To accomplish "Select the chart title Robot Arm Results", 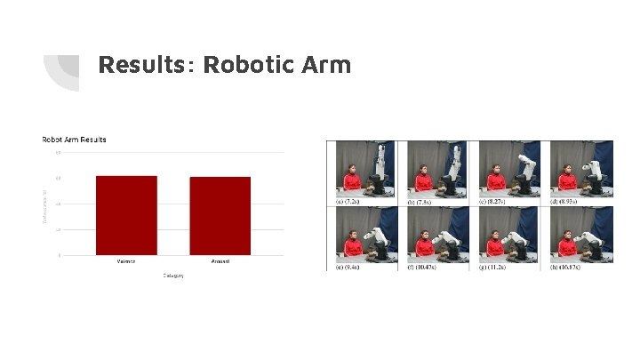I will (75, 140).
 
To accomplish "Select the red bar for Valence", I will (126, 215).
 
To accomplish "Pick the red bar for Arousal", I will (220, 216).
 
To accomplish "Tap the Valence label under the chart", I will (126, 261).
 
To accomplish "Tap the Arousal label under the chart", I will (220, 261).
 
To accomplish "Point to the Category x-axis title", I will (172, 276).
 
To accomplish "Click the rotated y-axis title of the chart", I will (44, 204).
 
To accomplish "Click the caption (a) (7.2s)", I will (349, 201).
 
